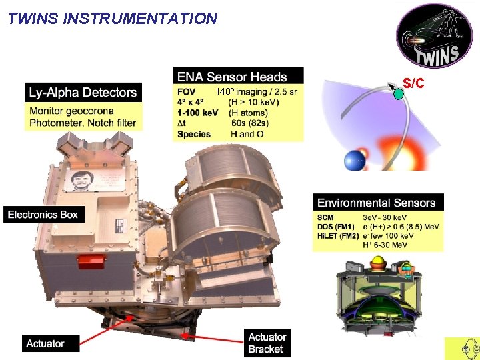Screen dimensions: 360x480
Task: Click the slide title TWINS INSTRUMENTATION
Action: coord(113,19)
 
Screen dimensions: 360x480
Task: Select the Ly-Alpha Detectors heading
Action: coord(83,93)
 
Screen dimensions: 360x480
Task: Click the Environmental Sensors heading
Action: coord(377,203)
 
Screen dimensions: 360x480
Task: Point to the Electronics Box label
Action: coord(43,215)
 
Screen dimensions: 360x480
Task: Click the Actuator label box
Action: coord(45,343)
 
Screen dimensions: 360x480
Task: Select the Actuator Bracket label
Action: coord(267,343)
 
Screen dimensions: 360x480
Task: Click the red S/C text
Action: coord(413,84)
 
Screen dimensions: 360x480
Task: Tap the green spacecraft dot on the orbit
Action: coord(398,94)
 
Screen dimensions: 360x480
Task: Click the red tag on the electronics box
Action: coord(97,261)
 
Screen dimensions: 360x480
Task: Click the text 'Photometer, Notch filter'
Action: coord(83,123)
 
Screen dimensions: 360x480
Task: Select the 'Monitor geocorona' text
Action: coord(71,111)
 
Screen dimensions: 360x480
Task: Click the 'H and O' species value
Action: coord(247,134)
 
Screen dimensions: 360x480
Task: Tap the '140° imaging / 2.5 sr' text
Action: coord(256,91)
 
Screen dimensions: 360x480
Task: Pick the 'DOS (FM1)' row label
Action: coord(336,227)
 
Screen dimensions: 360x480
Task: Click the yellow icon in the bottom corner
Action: coord(462,348)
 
